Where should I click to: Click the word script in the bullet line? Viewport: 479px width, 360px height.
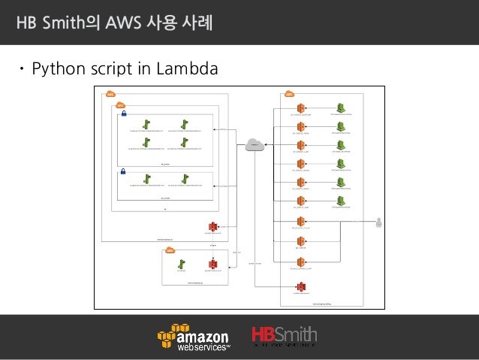pos(113,70)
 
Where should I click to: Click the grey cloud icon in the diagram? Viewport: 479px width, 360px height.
pos(255,144)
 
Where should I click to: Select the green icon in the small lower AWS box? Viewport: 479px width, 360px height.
pos(181,264)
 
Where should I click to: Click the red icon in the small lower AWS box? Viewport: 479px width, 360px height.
pos(213,264)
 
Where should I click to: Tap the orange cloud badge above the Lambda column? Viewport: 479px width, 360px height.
pos(289,94)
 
